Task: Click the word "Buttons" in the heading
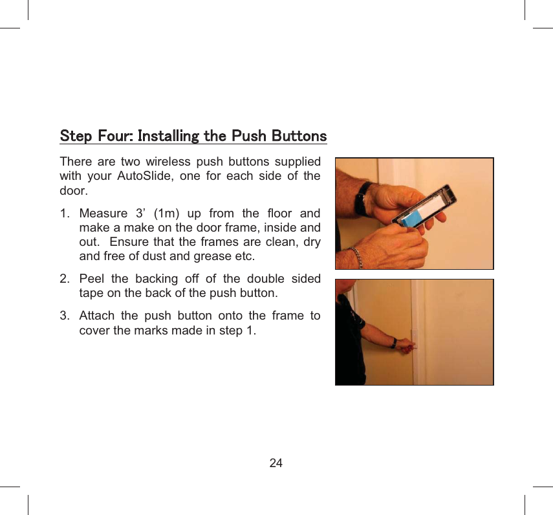pos(299,137)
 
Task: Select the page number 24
pos(276,463)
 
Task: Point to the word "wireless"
pos(168,161)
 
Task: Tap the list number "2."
pos(65,279)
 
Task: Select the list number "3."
pos(65,316)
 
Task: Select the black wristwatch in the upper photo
pos(364,197)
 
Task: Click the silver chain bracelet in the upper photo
pos(356,257)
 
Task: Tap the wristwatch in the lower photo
pos(394,343)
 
